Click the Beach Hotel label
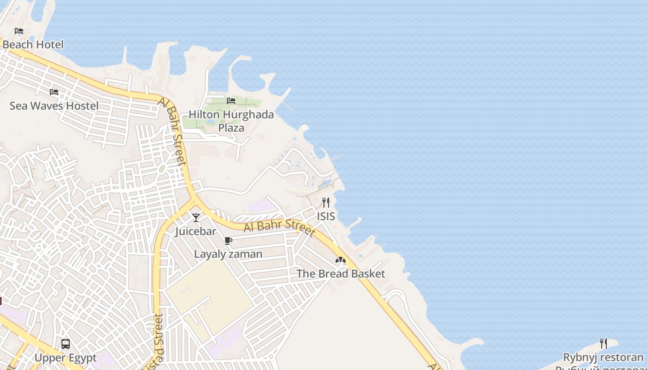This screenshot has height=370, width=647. [x=33, y=44]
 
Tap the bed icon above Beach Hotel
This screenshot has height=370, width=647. [x=19, y=31]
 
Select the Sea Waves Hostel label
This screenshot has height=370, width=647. [x=54, y=106]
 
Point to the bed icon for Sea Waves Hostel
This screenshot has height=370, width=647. [x=54, y=92]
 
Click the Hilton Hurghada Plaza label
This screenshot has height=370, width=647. [x=231, y=121]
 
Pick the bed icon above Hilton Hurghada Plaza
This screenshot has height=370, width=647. [x=231, y=100]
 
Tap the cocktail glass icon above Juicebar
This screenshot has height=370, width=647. [x=196, y=217]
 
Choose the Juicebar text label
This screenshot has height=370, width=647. [x=195, y=231]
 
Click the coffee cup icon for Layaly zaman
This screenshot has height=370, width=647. [x=228, y=240]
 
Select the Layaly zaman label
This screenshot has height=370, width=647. [x=228, y=254]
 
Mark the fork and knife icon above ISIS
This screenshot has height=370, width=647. [x=326, y=202]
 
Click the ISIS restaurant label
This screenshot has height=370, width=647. [x=326, y=216]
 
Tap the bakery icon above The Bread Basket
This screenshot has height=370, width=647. [x=341, y=260]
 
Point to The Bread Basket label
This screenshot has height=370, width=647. [x=341, y=274]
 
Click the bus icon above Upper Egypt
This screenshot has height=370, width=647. [x=66, y=344]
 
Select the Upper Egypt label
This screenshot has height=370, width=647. [x=66, y=358]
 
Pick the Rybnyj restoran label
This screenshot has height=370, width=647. [x=603, y=357]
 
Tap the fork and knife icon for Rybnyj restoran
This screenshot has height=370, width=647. [x=603, y=343]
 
